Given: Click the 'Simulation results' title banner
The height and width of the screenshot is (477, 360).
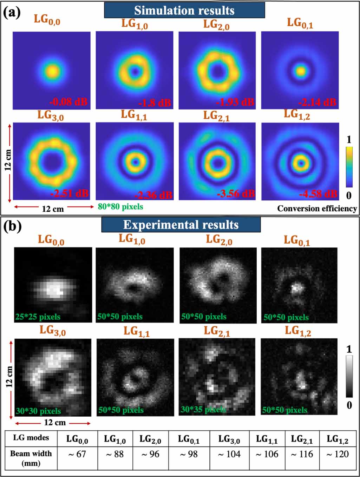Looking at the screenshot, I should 184,10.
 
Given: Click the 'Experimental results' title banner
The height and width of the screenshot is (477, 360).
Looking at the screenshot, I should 181,225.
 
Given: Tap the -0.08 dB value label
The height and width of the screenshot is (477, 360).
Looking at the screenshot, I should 68,102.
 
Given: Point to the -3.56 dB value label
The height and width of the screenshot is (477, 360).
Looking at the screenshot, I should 235,193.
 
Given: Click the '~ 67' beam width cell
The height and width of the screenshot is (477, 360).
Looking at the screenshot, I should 77,454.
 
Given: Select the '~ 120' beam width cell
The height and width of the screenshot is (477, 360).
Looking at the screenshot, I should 337,454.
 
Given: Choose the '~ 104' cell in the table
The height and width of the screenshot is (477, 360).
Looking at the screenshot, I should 229,454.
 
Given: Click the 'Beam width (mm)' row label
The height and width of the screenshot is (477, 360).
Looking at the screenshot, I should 31,458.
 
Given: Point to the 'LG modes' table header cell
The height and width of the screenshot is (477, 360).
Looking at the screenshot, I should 31,438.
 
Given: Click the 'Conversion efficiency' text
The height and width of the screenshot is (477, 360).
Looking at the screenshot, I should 317,208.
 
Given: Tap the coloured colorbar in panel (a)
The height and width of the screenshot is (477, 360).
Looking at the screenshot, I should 349,167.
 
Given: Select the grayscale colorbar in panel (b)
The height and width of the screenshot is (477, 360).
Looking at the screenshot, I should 349,376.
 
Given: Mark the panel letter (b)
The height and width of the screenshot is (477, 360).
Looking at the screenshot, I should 12,226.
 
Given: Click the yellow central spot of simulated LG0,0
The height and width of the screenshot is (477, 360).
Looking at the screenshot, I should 52,71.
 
